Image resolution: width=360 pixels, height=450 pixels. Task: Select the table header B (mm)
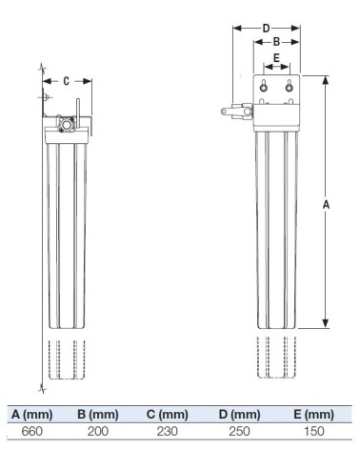[x=99, y=414]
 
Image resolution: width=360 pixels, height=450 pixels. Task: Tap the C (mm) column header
[x=168, y=414]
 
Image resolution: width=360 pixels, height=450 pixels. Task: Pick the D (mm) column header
[x=239, y=414]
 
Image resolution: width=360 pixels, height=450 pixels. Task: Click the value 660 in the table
[x=31, y=431]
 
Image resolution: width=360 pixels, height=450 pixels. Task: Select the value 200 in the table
[x=99, y=431]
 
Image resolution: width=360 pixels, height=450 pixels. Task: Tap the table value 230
[x=168, y=431]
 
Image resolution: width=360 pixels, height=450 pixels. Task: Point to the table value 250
[x=239, y=431]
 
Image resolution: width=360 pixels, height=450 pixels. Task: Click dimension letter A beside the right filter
[x=327, y=204]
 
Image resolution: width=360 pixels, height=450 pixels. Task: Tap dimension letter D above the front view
[x=267, y=28]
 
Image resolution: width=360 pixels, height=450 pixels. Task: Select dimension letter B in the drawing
[x=275, y=42]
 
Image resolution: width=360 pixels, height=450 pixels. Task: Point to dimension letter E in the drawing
[x=276, y=59]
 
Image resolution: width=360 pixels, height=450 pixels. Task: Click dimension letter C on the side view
[x=67, y=81]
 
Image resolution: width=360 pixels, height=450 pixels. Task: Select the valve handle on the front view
[x=230, y=112]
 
